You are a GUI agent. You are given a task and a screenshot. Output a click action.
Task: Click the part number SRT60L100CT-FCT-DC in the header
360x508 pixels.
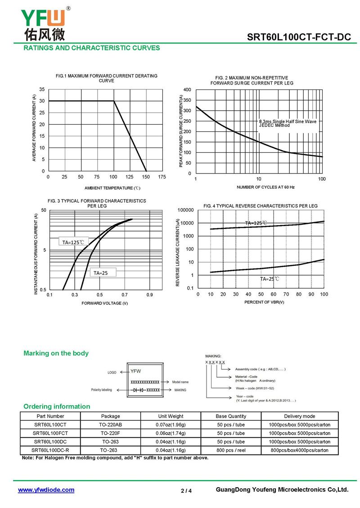point(299,37)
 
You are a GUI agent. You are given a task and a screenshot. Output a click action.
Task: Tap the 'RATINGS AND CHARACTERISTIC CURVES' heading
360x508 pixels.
point(92,48)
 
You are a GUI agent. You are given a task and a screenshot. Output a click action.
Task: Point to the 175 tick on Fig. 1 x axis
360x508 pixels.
point(162,177)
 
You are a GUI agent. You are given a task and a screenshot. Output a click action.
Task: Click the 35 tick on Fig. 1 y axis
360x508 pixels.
point(42,89)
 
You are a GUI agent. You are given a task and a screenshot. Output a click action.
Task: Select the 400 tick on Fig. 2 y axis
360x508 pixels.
point(187,90)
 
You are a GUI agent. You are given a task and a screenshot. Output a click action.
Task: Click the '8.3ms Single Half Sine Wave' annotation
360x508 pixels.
point(288,121)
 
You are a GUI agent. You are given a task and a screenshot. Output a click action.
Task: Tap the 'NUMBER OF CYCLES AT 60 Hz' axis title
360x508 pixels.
point(265,187)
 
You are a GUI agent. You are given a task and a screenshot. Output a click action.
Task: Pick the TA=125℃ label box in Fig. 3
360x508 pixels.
point(73,242)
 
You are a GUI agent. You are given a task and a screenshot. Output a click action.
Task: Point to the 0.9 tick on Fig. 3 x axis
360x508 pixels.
point(149,295)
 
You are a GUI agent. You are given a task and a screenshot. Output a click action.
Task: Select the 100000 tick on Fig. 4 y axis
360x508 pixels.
point(185,210)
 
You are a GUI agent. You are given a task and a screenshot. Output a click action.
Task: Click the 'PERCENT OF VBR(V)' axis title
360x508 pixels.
point(264,302)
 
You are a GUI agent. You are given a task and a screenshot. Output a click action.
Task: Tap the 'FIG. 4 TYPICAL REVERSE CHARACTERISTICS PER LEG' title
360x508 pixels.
point(261,206)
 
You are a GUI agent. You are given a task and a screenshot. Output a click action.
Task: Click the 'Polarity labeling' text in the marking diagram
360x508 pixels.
point(102,390)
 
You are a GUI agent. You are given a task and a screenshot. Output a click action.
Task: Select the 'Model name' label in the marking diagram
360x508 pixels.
point(180,382)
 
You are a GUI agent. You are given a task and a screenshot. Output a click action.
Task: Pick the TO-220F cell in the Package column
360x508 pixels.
point(110,433)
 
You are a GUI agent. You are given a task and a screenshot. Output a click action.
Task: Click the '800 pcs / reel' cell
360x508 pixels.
point(231,450)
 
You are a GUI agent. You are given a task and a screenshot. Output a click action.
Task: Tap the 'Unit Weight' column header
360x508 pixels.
point(171,416)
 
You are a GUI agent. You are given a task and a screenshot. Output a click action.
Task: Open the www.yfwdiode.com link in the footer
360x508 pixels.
point(46,490)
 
